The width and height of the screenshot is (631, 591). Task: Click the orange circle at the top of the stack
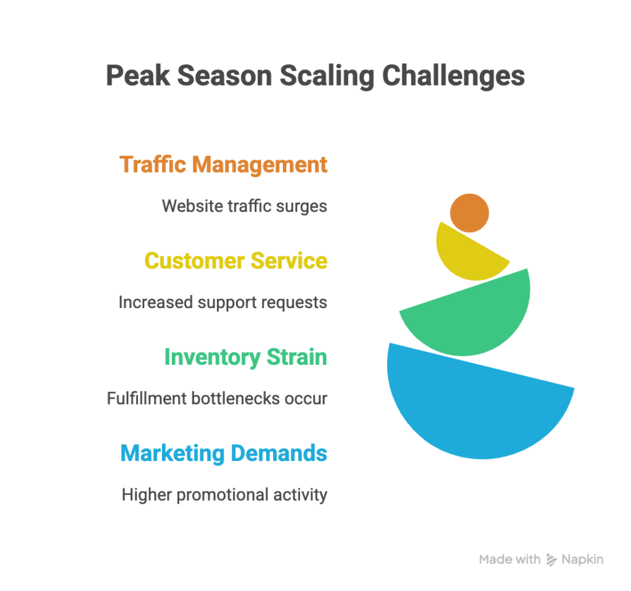(x=470, y=213)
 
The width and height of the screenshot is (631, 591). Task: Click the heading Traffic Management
(x=223, y=165)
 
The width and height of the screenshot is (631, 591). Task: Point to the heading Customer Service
(x=235, y=261)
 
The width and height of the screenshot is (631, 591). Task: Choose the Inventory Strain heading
(x=245, y=357)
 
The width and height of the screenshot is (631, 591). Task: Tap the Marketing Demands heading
(x=224, y=453)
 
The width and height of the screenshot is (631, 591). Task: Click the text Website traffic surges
(x=244, y=205)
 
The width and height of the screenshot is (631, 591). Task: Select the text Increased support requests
(x=222, y=302)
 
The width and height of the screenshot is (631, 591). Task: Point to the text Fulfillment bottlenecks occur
(x=217, y=398)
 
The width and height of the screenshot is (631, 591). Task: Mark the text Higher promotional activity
(x=224, y=494)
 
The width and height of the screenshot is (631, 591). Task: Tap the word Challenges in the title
(x=453, y=76)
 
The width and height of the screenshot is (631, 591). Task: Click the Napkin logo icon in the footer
(x=552, y=560)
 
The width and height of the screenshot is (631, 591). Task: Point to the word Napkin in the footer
(x=582, y=560)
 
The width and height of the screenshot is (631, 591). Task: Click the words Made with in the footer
(x=510, y=560)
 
